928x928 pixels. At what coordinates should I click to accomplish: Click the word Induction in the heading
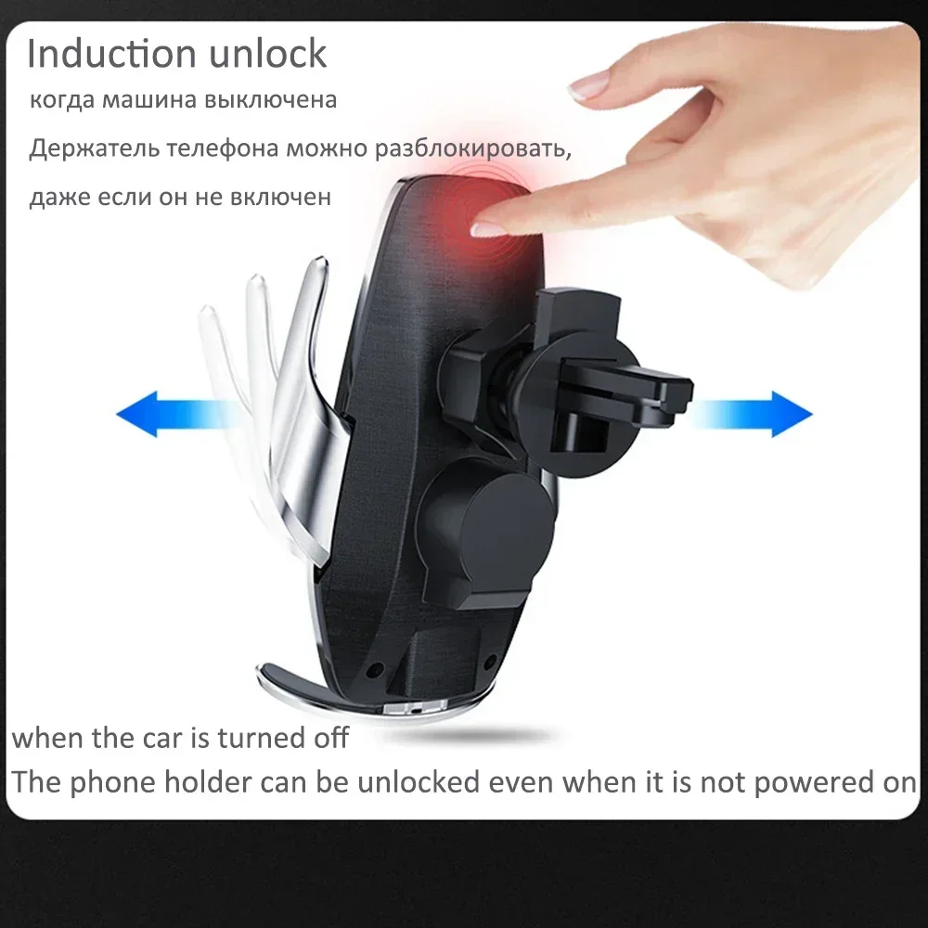111,54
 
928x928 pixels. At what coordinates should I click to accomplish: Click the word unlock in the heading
267,54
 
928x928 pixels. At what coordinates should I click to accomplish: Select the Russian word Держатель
94,148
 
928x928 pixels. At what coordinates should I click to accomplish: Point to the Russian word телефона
222,148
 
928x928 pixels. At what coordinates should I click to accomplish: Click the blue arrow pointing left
172,414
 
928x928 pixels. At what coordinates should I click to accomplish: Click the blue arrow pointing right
753,414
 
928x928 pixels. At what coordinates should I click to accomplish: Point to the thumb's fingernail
588,85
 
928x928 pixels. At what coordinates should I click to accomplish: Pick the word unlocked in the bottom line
419,782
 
